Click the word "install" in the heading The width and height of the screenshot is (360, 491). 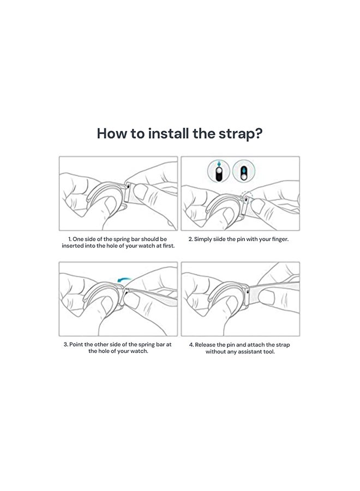tap(169, 134)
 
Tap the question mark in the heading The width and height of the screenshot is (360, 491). tap(258, 134)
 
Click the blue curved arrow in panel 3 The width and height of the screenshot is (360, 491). tap(123, 279)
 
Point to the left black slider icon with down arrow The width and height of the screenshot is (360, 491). tap(219, 171)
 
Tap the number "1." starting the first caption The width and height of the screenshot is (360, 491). tap(70, 239)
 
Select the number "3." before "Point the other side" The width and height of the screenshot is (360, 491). tap(66, 344)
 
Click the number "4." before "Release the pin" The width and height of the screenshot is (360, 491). tap(191, 345)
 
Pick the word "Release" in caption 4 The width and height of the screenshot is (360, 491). tap(205, 345)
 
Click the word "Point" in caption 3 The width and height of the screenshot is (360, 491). tap(76, 344)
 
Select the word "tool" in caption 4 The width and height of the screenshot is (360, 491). tap(269, 352)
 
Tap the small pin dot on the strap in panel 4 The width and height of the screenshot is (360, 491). tap(248, 292)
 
